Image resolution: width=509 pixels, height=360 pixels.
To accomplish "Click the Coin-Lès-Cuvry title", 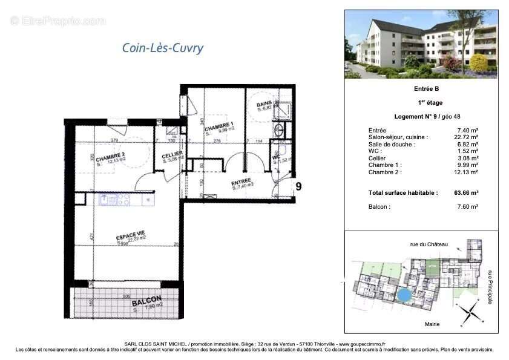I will (163, 48).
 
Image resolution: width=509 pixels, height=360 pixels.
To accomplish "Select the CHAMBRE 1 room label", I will (218, 128).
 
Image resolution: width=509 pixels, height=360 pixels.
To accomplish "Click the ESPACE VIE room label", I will (130, 237).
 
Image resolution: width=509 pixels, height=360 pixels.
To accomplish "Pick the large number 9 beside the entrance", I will (298, 186).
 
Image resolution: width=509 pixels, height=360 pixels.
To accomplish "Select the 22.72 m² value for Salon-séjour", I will (467, 137).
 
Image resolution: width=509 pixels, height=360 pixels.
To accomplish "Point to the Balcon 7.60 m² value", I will (467, 207).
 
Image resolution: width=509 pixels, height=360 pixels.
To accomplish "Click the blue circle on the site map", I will (402, 295).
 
